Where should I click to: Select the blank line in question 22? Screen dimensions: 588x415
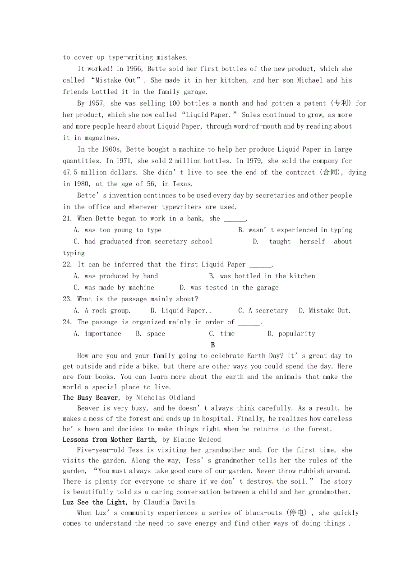click(260, 265)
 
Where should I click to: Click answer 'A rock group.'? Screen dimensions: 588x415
click(102, 311)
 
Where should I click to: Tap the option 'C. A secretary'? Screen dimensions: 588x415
click(263, 311)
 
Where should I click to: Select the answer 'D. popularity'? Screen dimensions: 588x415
click(291, 334)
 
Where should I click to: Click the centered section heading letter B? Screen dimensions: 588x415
click(213, 345)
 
